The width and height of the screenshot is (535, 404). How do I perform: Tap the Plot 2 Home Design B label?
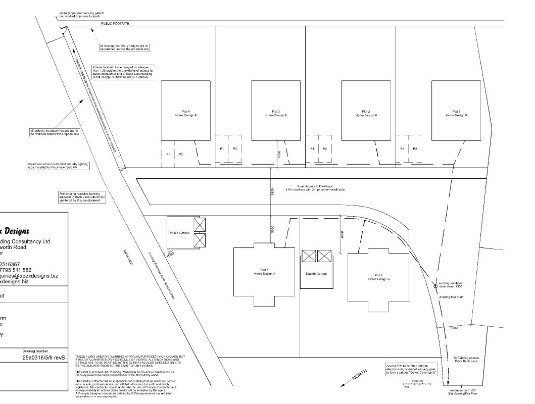366,113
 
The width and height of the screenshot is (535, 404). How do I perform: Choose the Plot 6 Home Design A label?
378,277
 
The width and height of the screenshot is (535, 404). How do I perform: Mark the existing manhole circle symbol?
435,286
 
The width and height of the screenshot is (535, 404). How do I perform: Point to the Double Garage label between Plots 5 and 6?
316,273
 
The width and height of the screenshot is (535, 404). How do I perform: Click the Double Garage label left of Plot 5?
179,233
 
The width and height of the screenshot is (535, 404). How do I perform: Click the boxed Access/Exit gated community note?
411,369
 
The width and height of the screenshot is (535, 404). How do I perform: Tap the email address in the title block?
29,276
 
